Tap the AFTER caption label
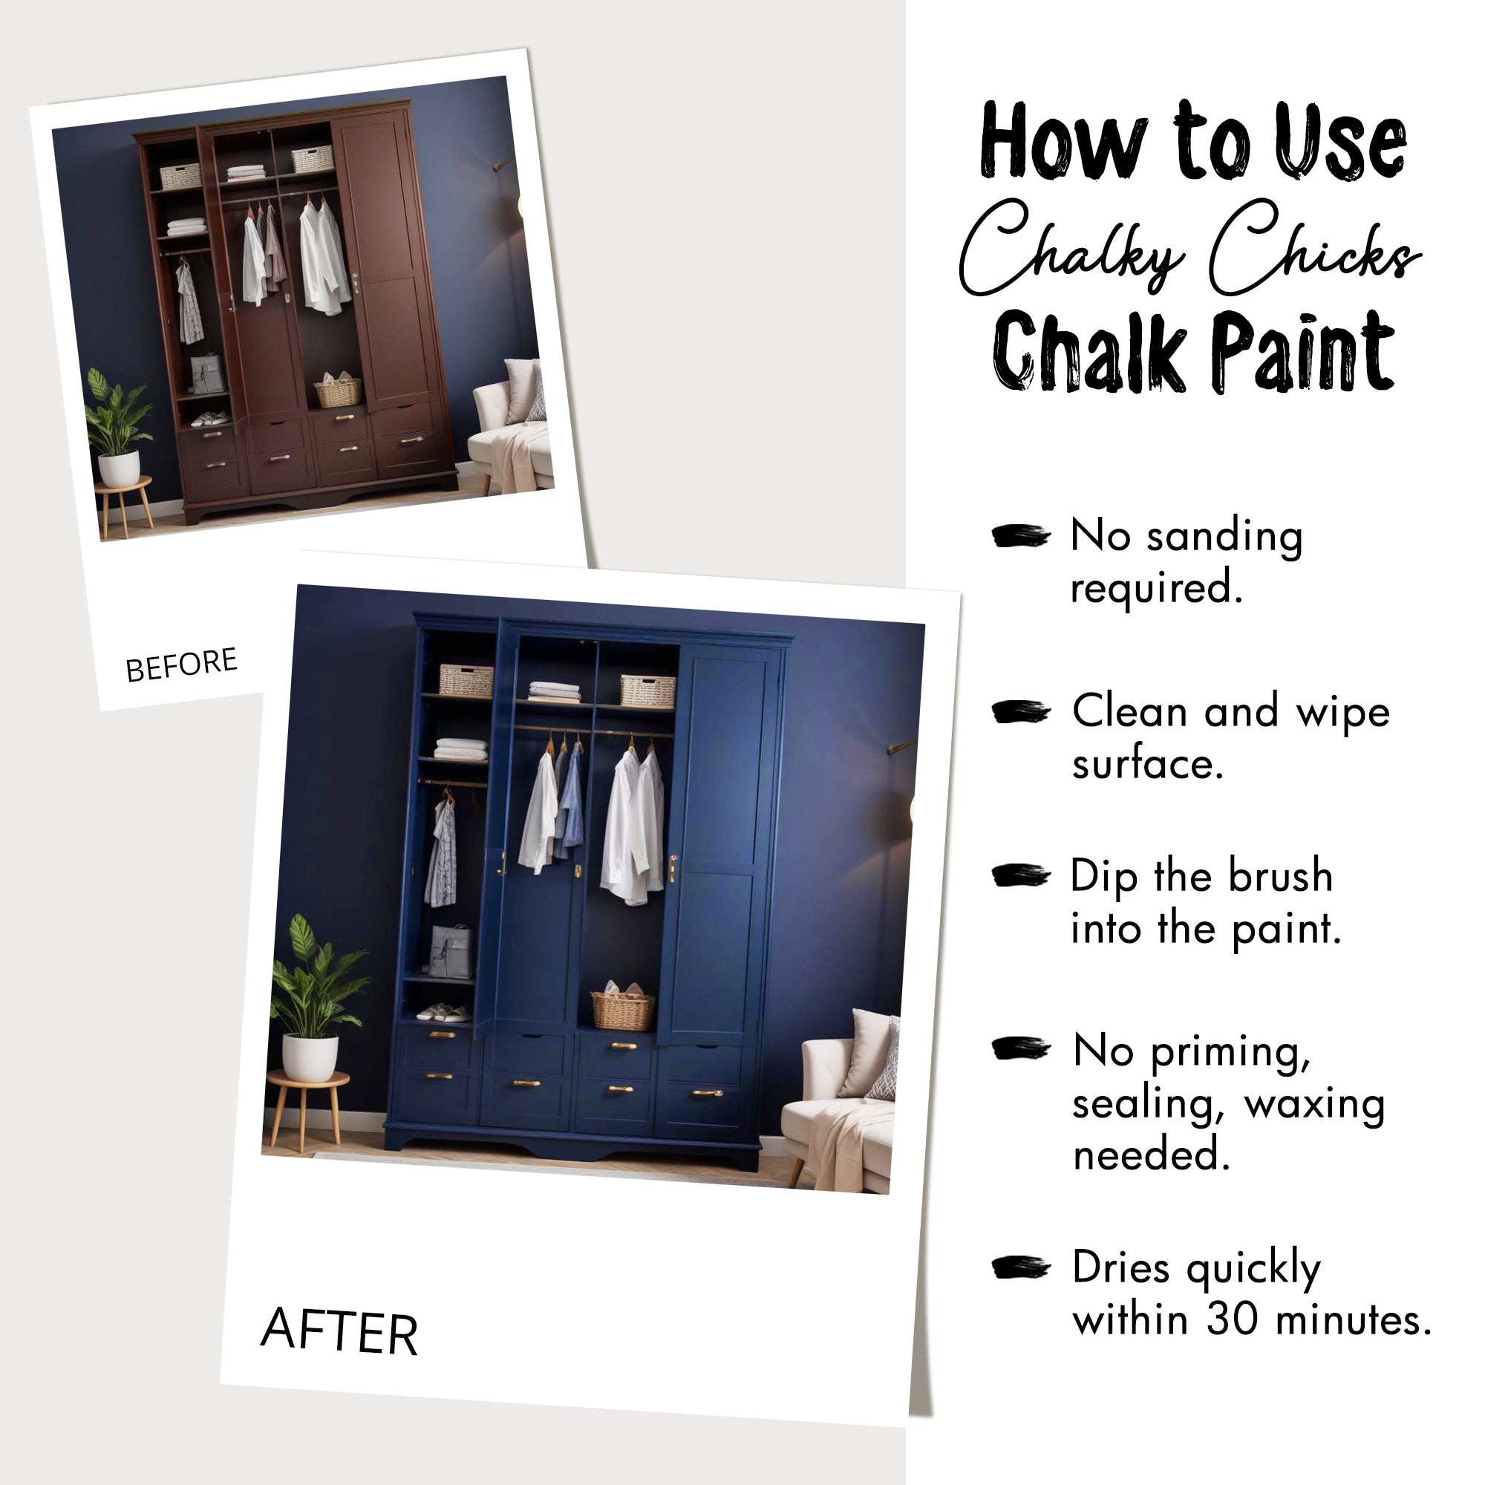click(339, 1331)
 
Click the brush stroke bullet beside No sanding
click(1020, 536)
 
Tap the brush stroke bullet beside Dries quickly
click(1020, 1267)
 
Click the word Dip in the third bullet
click(1104, 877)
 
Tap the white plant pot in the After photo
click(310, 1057)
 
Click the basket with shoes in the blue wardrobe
click(623, 1008)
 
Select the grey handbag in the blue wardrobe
click(451, 951)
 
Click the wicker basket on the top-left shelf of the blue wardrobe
click(466, 679)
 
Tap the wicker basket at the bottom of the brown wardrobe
click(337, 391)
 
